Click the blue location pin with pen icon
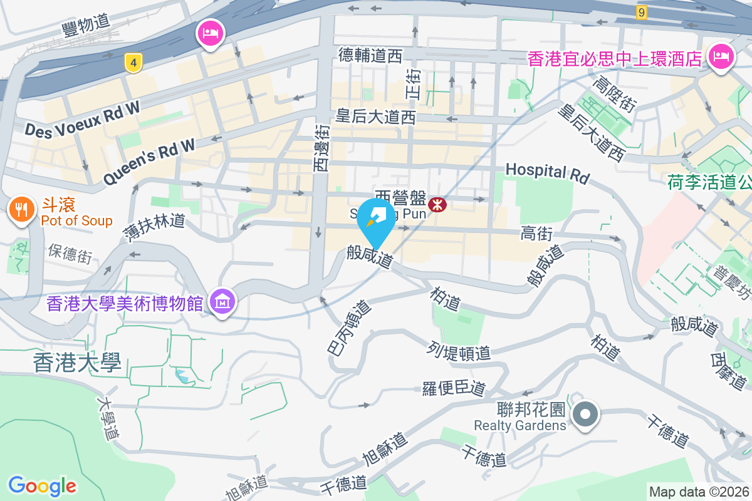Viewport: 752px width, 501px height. (376, 220)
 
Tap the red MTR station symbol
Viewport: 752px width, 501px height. (437, 204)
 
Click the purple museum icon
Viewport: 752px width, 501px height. (222, 302)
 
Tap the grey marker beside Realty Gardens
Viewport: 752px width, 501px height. (585, 414)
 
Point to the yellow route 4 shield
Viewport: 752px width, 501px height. (132, 63)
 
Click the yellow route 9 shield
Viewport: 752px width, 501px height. (640, 12)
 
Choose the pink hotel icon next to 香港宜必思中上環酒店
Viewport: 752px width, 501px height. (721, 57)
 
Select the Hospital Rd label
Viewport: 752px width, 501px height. (547, 173)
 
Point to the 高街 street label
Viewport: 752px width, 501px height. (536, 234)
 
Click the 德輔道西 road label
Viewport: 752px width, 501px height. (370, 56)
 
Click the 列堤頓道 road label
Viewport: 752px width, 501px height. (460, 351)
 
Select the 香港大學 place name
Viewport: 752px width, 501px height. (77, 363)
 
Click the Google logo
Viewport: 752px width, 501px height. (42, 486)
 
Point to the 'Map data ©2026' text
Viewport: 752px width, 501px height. (698, 492)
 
